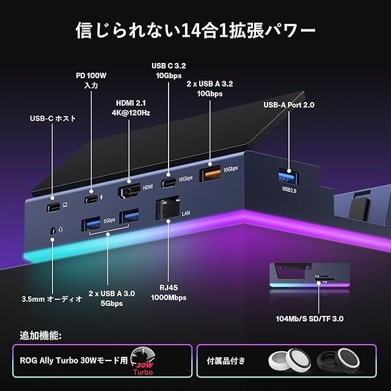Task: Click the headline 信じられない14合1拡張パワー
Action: click(x=195, y=30)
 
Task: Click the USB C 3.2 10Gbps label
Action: click(x=167, y=70)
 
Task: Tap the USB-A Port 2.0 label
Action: click(x=288, y=105)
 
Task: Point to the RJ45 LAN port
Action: click(x=167, y=208)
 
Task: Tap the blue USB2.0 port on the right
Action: click(x=289, y=177)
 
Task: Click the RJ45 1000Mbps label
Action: click(x=168, y=292)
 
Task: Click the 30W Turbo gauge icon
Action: click(x=145, y=362)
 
